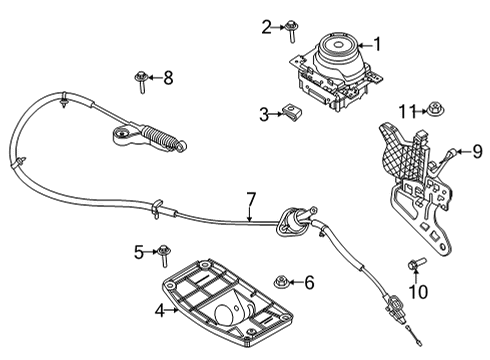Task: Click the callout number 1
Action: [x=377, y=43]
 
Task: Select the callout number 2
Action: [x=266, y=26]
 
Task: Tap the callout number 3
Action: [x=264, y=115]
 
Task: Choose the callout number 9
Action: [x=477, y=152]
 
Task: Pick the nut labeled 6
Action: [x=284, y=283]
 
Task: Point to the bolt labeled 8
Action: [x=143, y=79]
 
